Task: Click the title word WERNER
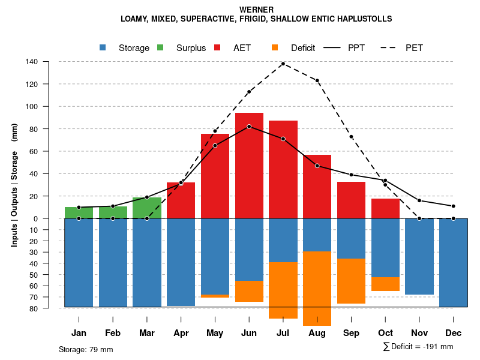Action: (256, 10)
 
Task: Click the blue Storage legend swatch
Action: (103, 47)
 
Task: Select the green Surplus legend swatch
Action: (160, 47)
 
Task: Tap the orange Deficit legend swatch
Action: (275, 47)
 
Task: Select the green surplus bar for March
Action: (147, 208)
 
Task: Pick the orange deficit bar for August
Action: (317, 288)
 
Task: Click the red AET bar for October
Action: (385, 209)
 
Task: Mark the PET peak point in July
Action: (283, 64)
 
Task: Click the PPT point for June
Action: (249, 127)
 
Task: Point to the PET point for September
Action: (351, 137)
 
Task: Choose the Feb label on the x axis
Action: (113, 333)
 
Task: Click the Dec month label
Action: (454, 333)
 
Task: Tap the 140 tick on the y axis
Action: (32, 62)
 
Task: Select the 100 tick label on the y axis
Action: (32, 107)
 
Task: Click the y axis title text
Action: (14, 185)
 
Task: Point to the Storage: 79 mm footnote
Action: (86, 349)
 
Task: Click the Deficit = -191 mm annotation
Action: (418, 346)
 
